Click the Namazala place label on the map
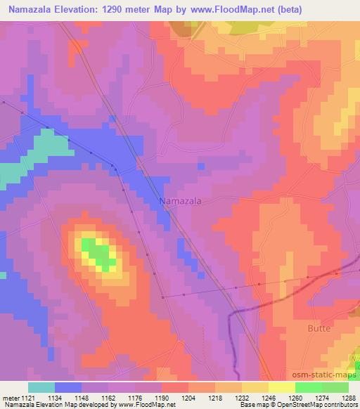pyautogui.click(x=181, y=201)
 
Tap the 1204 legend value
pyautogui.click(x=189, y=397)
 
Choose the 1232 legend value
pyautogui.click(x=242, y=397)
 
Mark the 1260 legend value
pyautogui.click(x=295, y=397)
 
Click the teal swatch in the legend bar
pyautogui.click(x=41, y=387)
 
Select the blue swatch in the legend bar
pyautogui.click(x=68, y=387)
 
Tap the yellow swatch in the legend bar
pyautogui.click(x=281, y=387)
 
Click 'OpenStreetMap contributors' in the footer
pyautogui.click(x=320, y=405)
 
